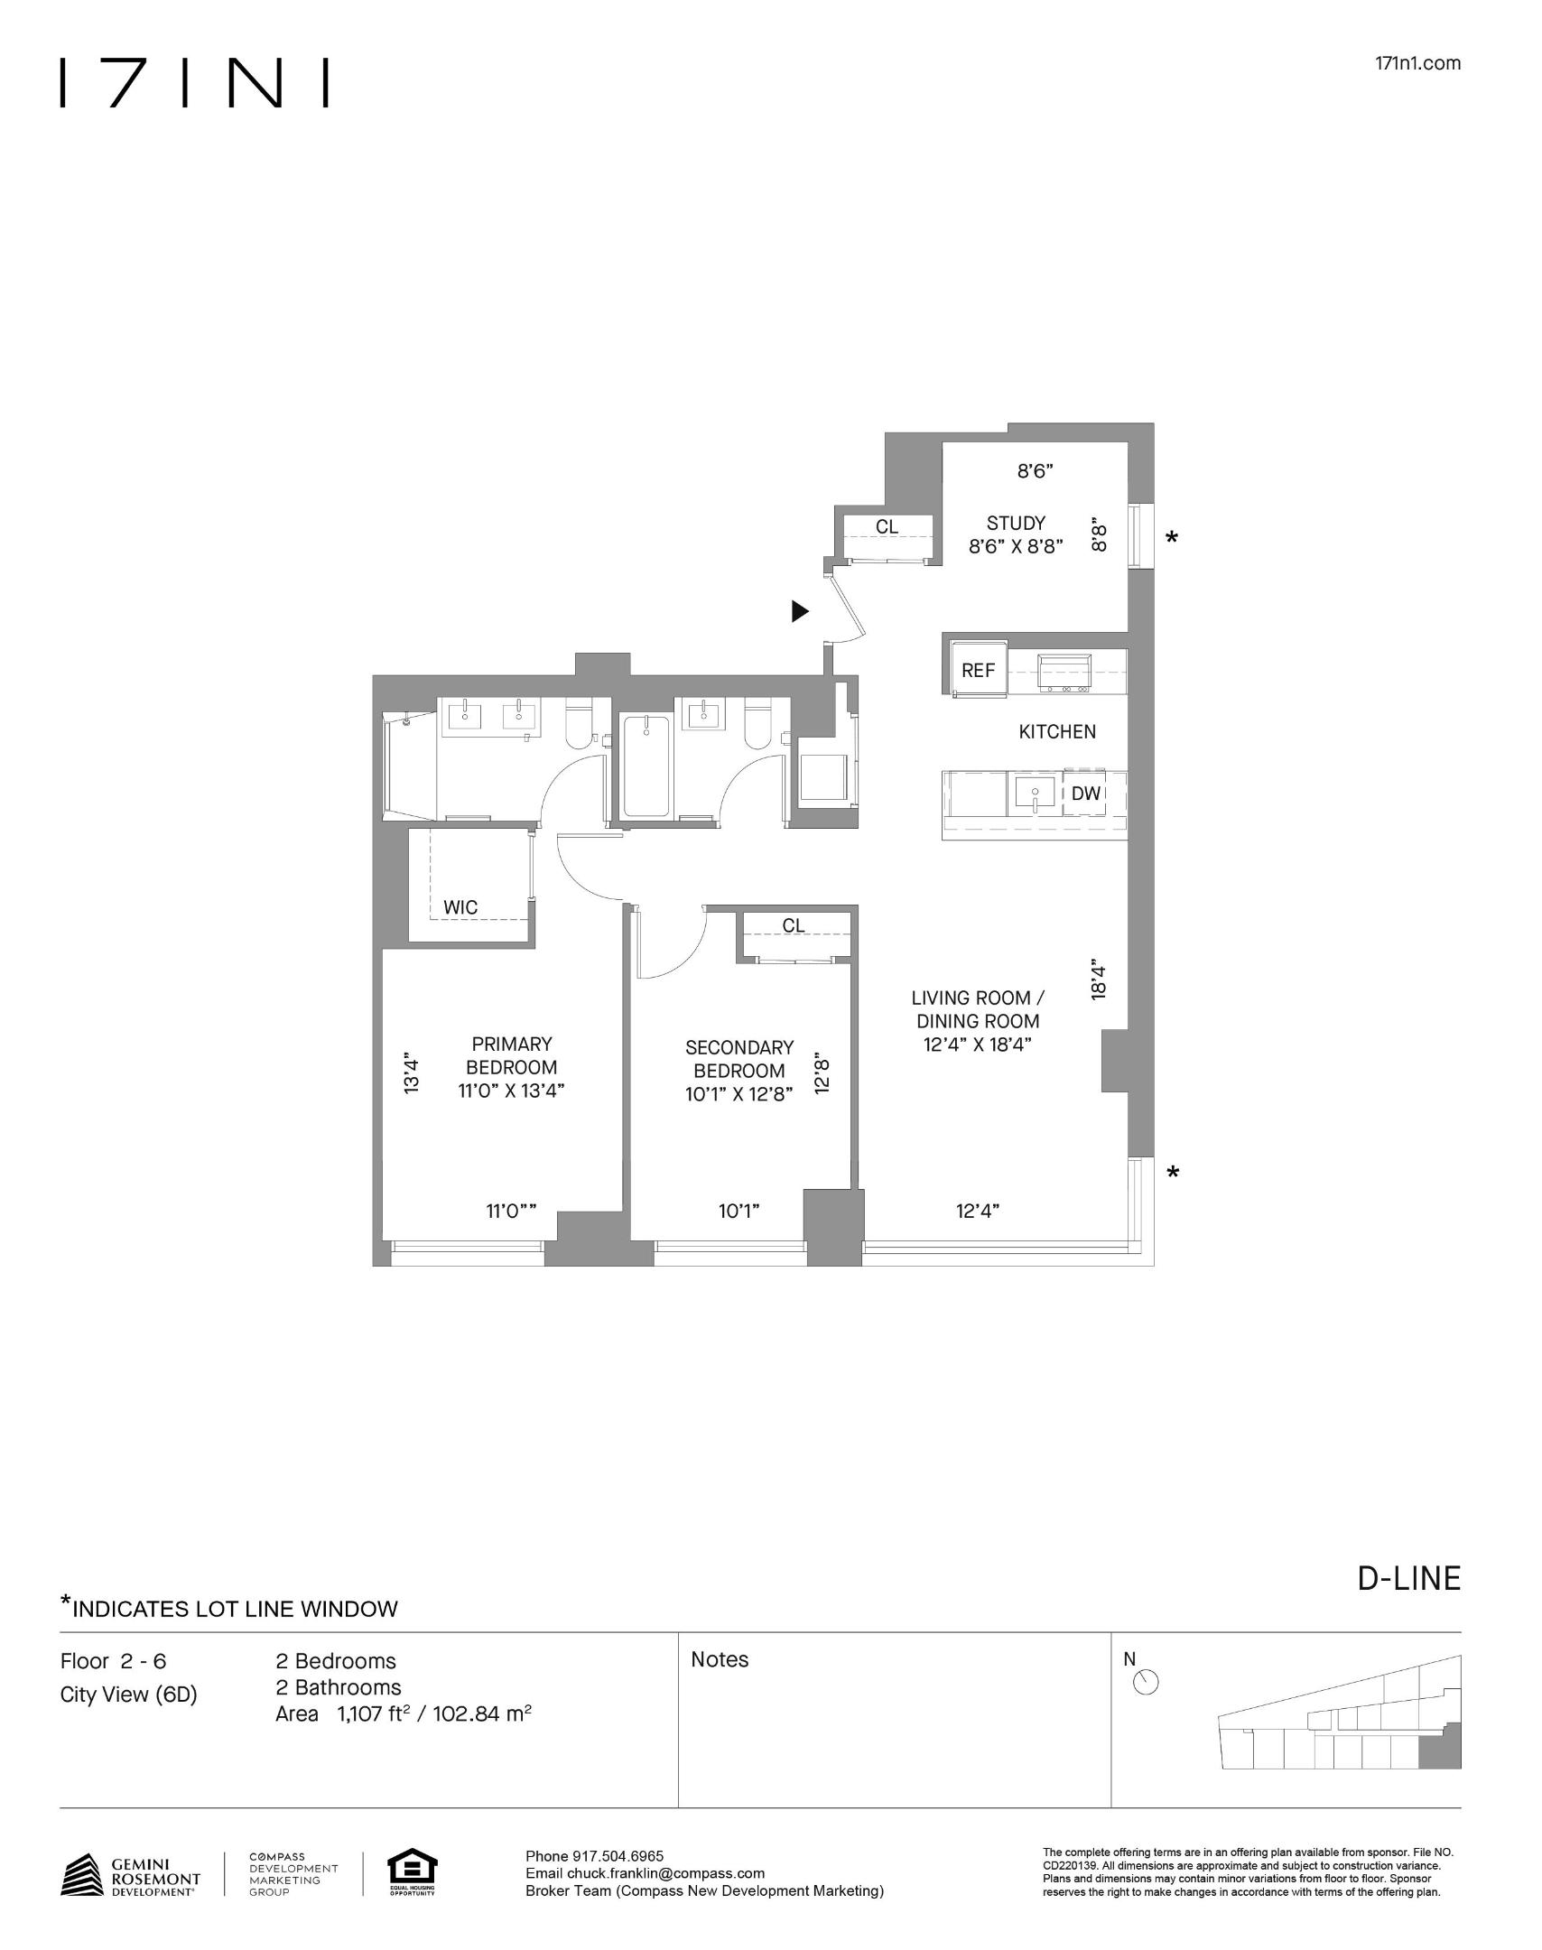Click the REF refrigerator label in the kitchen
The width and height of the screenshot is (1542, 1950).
pos(978,671)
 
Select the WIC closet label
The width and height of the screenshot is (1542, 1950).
pos(460,907)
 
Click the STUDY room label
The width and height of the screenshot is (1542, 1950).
pos(1016,523)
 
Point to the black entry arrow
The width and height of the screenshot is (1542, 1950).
pos(799,611)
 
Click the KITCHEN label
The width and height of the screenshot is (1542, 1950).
pos(1057,732)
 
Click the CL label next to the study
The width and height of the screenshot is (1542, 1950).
pos(887,526)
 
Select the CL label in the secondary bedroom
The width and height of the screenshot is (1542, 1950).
pos(793,925)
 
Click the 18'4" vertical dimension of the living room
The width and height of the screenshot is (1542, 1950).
pos(1098,979)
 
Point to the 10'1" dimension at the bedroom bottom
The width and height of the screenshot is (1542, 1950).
pos(738,1212)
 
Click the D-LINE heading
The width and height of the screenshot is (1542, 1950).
pos(1408,1578)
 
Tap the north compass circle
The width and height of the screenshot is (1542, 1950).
pos(1146,1684)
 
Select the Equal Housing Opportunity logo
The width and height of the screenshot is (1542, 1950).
pos(412,1872)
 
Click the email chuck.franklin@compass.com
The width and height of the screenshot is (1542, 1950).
pos(665,1873)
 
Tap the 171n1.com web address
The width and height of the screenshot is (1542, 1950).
pos(1417,63)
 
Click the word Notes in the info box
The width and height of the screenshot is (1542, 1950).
pos(720,1659)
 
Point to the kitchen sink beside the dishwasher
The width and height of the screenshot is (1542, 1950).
pos(1034,794)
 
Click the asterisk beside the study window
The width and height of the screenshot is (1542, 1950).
pos(1172,539)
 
